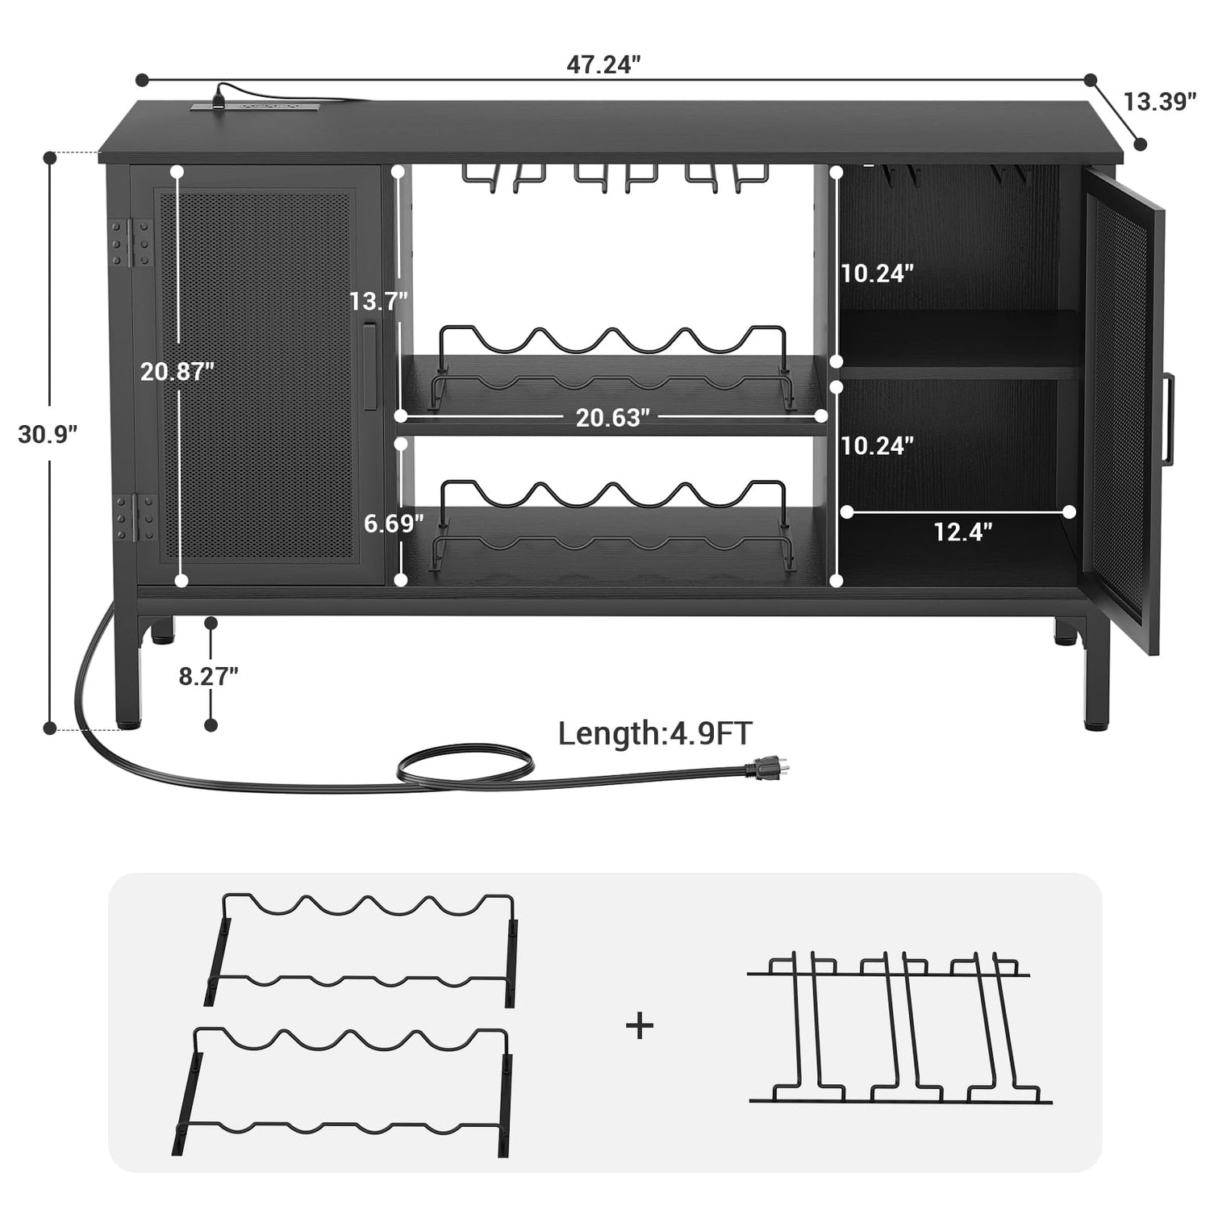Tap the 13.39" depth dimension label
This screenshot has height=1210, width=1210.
[x=1159, y=102]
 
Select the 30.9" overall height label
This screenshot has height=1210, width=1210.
[x=48, y=434]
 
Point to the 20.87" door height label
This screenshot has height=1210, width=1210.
[x=177, y=371]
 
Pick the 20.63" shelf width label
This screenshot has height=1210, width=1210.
[x=612, y=418]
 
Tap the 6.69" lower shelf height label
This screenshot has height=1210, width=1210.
[x=394, y=524]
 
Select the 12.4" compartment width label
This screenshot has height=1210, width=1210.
[x=962, y=532]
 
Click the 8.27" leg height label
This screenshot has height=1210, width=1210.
[x=208, y=676]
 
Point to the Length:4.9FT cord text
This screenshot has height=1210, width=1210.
[x=655, y=733]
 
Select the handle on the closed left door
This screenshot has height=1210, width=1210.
[x=369, y=367]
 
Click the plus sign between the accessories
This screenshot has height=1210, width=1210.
[x=640, y=1026]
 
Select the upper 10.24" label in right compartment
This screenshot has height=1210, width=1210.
[x=877, y=273]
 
